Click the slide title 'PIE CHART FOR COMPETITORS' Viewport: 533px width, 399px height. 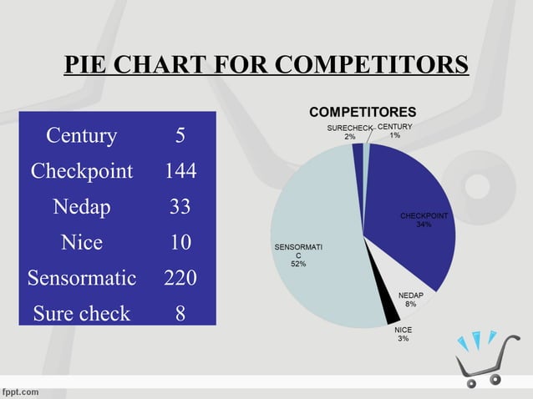point(266,65)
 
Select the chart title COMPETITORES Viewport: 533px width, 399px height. point(363,112)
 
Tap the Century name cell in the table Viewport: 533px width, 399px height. point(82,135)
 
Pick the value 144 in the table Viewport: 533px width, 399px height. point(180,171)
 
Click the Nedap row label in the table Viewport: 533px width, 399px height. point(82,207)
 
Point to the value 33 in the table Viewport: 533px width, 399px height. point(180,207)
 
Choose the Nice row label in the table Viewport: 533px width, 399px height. point(82,243)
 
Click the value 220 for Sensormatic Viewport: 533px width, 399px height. point(180,278)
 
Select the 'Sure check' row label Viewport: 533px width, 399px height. point(82,314)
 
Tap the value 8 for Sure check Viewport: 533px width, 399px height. point(180,314)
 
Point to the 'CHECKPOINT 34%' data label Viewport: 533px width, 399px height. point(424,220)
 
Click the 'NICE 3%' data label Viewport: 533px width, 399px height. point(403,334)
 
